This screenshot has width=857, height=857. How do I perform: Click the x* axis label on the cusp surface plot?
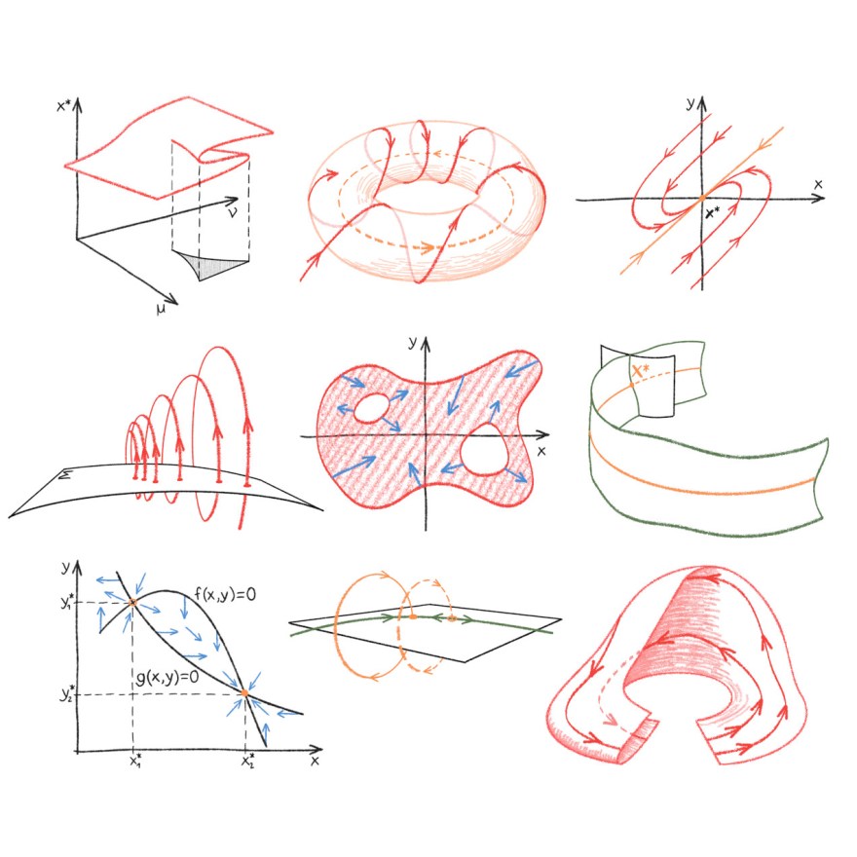64,105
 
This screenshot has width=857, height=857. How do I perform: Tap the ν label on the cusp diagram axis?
233,211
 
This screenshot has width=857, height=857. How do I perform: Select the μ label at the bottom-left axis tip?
161,310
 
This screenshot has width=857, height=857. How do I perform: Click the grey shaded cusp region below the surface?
210,265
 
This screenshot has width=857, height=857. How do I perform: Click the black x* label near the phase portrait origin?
712,212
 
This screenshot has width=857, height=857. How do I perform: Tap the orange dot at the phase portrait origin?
702,199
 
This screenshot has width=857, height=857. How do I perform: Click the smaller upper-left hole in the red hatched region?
371,408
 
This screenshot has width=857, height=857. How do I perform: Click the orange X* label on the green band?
640,372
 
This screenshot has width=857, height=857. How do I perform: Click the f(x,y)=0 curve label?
225,594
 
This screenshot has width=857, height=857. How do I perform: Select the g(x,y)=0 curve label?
168,677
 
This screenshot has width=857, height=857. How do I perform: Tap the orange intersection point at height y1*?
132,603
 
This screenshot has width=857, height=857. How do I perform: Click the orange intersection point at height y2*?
244,693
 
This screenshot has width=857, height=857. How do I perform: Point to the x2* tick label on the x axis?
247,761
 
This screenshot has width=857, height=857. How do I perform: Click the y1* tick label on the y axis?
68,601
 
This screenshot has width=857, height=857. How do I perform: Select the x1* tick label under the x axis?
135,761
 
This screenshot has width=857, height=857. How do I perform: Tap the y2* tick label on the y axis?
68,693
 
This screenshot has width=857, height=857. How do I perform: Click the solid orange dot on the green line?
413,617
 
